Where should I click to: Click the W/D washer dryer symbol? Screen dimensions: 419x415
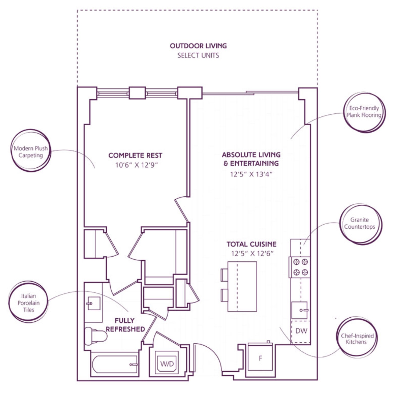(x=167, y=363)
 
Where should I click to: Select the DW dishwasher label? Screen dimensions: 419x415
(x=301, y=331)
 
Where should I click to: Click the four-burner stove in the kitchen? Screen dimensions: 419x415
(x=300, y=267)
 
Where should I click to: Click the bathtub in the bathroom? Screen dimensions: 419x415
(x=115, y=365)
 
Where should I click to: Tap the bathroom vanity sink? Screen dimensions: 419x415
(x=93, y=303)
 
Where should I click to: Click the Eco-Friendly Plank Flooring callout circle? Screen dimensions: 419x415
(x=364, y=112)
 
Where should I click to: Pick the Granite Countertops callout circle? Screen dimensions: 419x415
(x=360, y=224)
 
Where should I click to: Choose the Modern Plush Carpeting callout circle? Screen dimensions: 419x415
(x=31, y=150)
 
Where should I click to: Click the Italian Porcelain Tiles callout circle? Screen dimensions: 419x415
(x=28, y=302)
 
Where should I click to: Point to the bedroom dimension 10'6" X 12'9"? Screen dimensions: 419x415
(x=136, y=165)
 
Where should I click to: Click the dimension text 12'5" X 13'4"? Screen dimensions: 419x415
(x=251, y=174)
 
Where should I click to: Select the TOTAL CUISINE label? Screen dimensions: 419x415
(x=252, y=244)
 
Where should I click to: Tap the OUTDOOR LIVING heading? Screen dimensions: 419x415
(x=198, y=46)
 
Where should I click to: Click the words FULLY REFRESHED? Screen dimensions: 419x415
(x=125, y=325)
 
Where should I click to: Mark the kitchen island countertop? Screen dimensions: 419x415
(x=242, y=286)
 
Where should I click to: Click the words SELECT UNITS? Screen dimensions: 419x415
(x=198, y=55)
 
